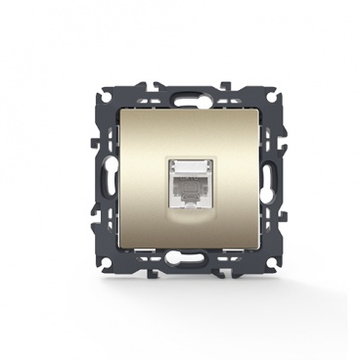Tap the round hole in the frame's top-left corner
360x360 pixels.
tap(109, 101)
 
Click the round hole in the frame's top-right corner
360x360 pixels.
tap(251, 101)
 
